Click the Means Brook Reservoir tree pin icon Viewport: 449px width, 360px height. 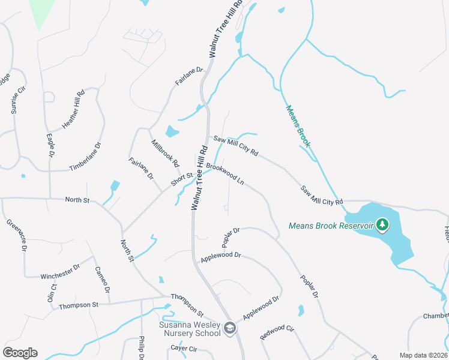click(x=382, y=225)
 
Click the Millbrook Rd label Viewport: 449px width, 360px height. click(x=166, y=154)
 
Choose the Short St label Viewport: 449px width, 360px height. click(x=181, y=179)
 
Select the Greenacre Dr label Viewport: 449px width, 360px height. click(x=16, y=235)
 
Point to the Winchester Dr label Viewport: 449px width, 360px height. click(x=60, y=272)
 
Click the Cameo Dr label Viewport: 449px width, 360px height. click(x=103, y=280)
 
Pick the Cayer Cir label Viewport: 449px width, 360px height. click(x=184, y=348)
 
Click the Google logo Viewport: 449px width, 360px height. click(x=20, y=353)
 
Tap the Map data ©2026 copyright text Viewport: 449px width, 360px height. click(x=423, y=355)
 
